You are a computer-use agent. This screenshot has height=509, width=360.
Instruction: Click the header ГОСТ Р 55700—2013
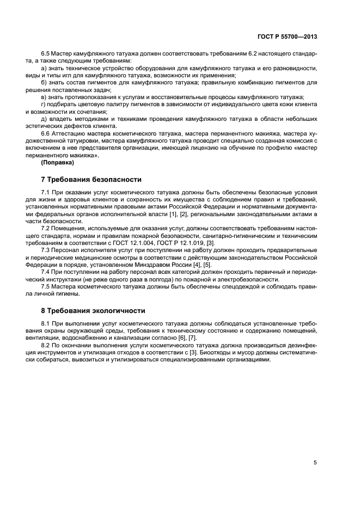287,36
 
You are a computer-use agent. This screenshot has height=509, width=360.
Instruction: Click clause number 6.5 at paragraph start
46,53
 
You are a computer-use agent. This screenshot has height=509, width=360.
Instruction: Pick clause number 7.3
46,249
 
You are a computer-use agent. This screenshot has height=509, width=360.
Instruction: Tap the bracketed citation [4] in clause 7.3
190,263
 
